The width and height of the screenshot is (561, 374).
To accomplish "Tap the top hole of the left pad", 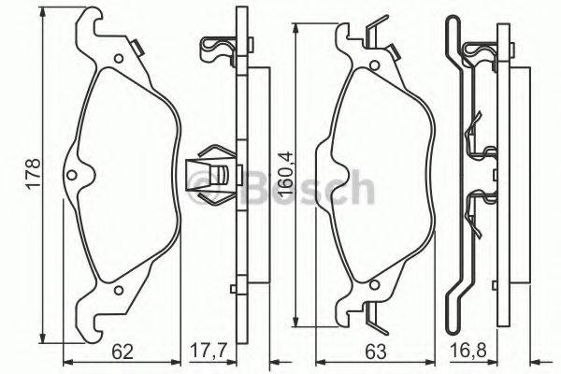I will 120,61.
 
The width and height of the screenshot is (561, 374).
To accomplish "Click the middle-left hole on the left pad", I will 73,175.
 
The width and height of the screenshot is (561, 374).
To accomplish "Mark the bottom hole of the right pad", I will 372,282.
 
